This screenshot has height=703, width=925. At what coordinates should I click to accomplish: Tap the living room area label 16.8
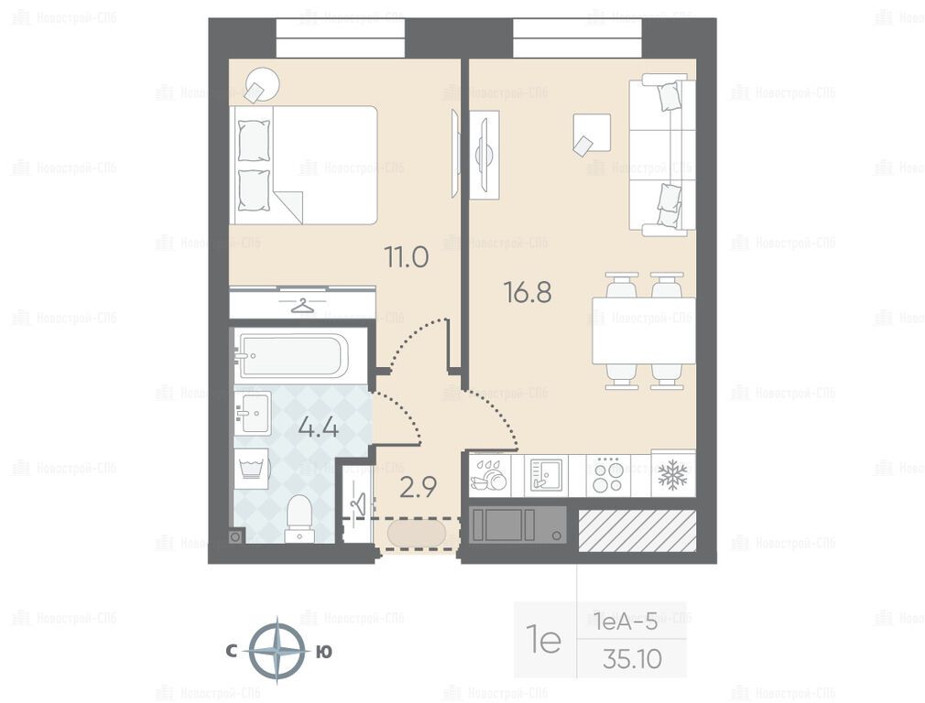pos(528,292)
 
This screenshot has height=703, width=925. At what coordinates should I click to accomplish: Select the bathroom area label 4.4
pos(319,427)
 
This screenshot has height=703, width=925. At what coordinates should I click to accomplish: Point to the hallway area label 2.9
pos(418,488)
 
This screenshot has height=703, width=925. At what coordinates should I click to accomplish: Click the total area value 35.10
pos(633,659)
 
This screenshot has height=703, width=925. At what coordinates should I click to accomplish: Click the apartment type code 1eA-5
pos(626,621)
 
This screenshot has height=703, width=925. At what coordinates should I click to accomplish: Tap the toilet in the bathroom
pos(299,519)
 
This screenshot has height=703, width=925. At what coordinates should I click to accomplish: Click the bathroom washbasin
pos(253,413)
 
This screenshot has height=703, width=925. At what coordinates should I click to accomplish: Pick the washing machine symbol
pos(251,469)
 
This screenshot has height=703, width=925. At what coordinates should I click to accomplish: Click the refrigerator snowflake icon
pos(673,475)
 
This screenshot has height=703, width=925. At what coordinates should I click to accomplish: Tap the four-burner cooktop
pos(608,476)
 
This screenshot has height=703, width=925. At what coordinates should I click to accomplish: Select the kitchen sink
pos(546,475)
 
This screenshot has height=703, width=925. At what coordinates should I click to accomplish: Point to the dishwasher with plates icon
pos(489,475)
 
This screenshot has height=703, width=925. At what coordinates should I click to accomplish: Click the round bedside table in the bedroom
pos(263,85)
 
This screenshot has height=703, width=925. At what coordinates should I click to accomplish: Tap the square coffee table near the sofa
pos(592,134)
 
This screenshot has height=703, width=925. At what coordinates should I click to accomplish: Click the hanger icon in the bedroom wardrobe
pos(302,306)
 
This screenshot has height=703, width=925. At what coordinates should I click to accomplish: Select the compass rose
pos(277,651)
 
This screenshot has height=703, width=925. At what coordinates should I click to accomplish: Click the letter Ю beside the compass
pos(324,652)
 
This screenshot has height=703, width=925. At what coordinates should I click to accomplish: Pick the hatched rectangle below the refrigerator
pos(637,530)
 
